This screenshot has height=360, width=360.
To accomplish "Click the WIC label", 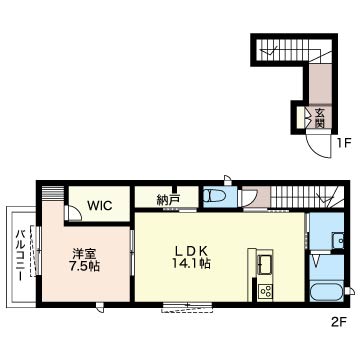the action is (100, 206).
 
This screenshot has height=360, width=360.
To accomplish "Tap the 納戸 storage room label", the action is (168, 200).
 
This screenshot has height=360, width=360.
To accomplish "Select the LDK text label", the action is (192, 251).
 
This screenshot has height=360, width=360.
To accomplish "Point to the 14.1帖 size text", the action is (191, 264).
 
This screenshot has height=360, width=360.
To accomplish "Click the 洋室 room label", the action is (85, 254).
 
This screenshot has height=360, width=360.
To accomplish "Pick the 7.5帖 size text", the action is (85, 266).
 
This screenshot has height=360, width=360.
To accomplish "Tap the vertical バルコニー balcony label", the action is (21, 256).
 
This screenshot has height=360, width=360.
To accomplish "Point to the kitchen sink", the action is (265, 263).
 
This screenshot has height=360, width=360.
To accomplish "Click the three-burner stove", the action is (266, 292).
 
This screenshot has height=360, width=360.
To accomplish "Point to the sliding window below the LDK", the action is (187, 307).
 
